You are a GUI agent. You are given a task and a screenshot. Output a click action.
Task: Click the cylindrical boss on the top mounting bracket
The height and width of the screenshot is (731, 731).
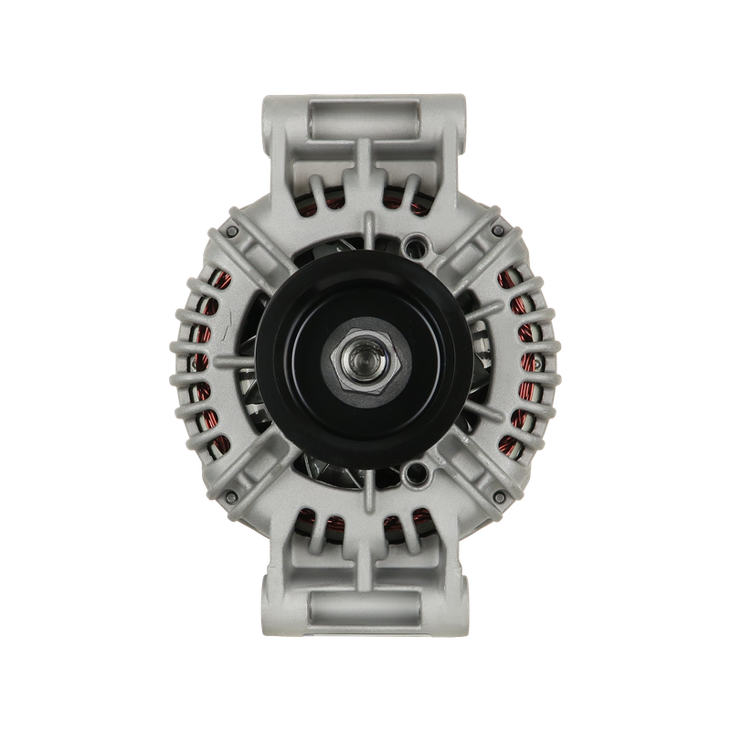pyautogui.click(x=365, y=118)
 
